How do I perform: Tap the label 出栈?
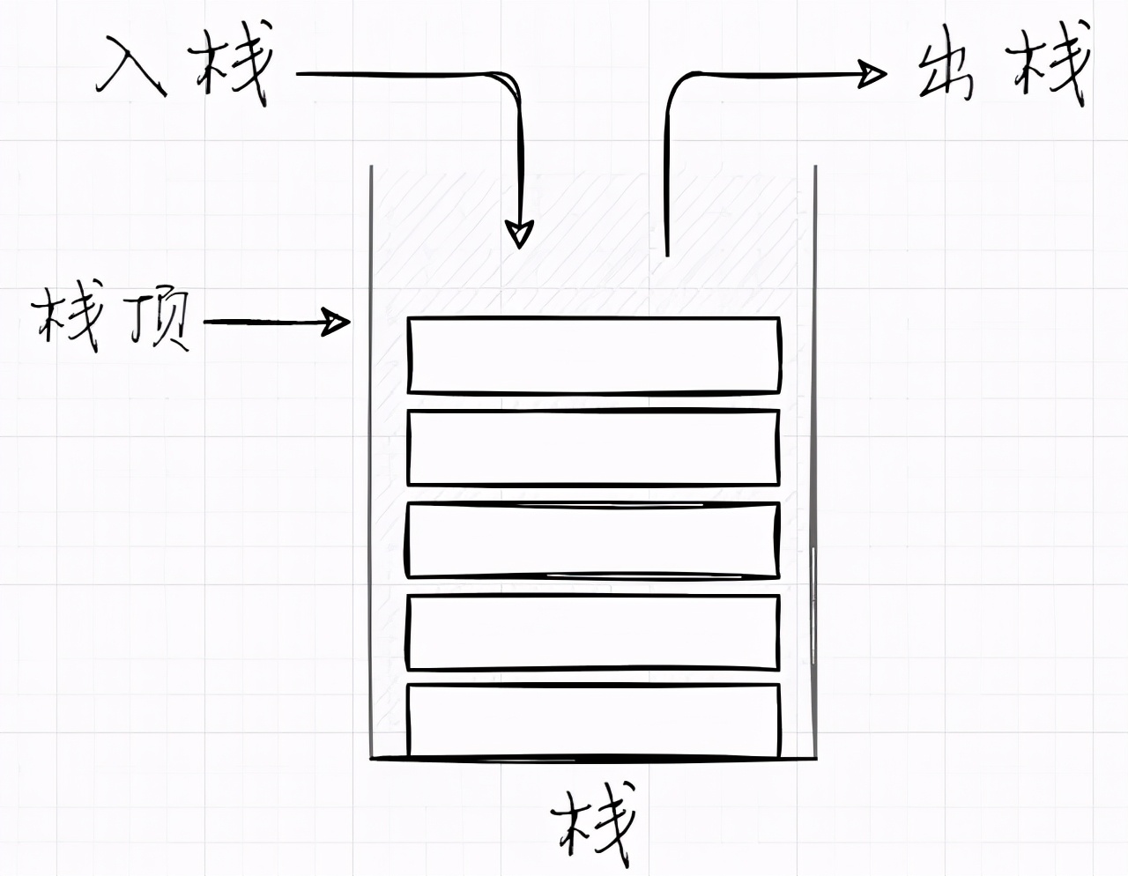pyautogui.click(x=1000, y=72)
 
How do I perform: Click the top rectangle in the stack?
pyautogui.click(x=594, y=355)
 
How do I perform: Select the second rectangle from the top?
pyautogui.click(x=594, y=448)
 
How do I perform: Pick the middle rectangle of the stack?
pyautogui.click(x=594, y=540)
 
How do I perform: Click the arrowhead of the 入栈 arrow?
pyautogui.click(x=520, y=234)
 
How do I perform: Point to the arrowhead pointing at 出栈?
pyautogui.click(x=872, y=74)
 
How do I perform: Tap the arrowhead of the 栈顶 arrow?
pyautogui.click(x=336, y=322)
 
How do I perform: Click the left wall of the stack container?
pyautogui.click(x=371, y=458)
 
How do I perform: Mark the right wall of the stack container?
pyautogui.click(x=814, y=458)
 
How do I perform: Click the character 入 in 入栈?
pyautogui.click(x=132, y=67)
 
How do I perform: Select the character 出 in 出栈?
pyautogui.click(x=947, y=72)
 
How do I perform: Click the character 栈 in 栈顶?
pyautogui.click(x=66, y=319)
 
